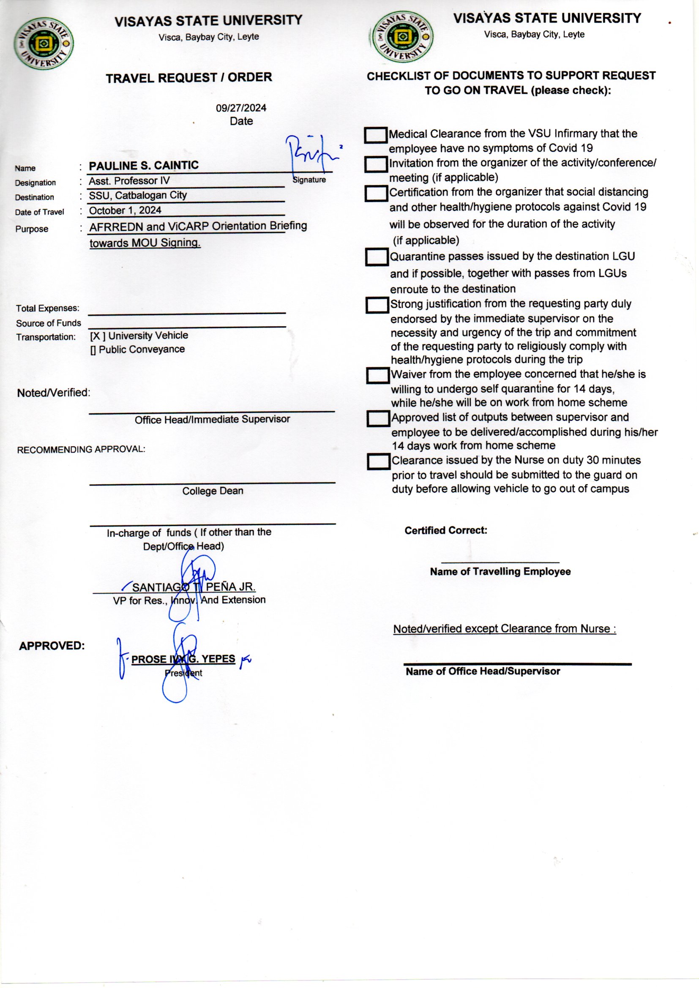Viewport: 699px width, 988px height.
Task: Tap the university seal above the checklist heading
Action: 403,37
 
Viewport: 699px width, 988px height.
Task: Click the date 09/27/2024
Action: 241,108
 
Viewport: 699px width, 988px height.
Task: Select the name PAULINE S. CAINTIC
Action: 144,166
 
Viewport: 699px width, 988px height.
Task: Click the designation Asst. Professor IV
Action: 129,181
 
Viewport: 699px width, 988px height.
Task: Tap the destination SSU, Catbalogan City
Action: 138,195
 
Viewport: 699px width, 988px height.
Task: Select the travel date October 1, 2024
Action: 125,210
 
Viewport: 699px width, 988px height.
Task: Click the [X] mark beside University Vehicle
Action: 97,336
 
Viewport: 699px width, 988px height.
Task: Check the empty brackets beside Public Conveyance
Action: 93,350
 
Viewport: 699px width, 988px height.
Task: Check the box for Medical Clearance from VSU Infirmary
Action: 375,135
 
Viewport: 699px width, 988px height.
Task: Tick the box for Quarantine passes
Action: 377,257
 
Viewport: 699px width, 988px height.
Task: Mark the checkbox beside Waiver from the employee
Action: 377,375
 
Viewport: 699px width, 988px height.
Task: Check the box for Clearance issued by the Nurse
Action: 378,462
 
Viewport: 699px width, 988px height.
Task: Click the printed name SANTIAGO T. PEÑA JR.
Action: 194,587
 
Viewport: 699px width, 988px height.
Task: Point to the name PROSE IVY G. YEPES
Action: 183,659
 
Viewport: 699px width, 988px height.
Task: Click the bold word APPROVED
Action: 52,646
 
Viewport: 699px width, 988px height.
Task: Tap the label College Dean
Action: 213,491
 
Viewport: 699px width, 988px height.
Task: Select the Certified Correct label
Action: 445,530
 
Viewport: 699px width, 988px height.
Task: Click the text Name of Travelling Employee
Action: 500,571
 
